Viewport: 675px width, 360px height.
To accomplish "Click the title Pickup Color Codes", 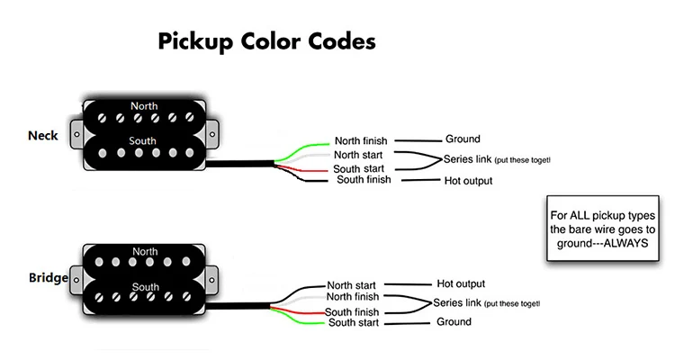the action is click(x=267, y=41).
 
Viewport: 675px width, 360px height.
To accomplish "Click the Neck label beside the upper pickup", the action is click(x=43, y=136).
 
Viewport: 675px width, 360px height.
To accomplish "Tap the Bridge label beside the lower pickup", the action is click(x=49, y=278).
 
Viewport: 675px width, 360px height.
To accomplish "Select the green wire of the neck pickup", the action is click(x=301, y=149).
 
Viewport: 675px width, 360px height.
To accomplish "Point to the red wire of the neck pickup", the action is click(x=301, y=169).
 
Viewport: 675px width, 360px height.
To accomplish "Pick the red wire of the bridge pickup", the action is click(x=297, y=310).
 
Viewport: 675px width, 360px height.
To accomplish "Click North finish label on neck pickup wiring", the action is click(x=361, y=140).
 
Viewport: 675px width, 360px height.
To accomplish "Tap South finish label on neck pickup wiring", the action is click(x=364, y=180).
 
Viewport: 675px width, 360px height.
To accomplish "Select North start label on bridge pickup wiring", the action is click(x=351, y=285).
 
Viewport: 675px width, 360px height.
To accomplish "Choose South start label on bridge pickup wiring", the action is click(x=354, y=322).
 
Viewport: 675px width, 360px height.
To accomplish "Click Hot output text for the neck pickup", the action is click(x=468, y=181).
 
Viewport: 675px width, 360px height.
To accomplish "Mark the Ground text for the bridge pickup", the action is click(x=454, y=321).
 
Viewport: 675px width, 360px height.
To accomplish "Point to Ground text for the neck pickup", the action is click(x=463, y=139).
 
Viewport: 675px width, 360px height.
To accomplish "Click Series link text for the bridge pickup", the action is click(x=456, y=302).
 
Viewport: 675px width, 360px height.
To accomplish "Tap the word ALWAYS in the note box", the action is click(x=625, y=243).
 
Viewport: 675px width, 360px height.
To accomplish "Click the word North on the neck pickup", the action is click(x=144, y=106).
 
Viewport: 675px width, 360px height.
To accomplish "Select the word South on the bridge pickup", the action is click(x=146, y=287).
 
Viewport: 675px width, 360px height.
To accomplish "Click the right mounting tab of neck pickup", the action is click(x=211, y=134).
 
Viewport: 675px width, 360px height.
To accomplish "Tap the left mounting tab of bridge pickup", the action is click(x=76, y=280).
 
